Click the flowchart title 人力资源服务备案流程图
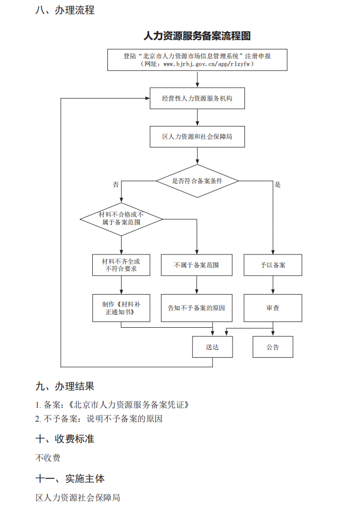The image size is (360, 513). coord(197,36)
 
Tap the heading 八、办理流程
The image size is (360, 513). coord(65,10)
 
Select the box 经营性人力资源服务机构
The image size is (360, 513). coord(197,98)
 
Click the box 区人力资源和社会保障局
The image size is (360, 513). coord(197,137)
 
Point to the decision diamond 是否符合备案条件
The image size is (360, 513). coord(197,181)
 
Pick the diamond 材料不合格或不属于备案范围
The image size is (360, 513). coord(121,218)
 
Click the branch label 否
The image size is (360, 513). coord(116,184)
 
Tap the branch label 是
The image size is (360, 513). coord(277,184)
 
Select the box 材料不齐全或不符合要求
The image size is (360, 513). coord(121,265)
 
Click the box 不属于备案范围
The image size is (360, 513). coord(197,265)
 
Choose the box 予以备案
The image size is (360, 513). coord(273,265)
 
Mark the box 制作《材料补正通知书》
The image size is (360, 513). coord(121,308)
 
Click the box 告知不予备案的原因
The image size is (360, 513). coord(197,308)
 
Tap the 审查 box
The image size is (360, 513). coord(273,308)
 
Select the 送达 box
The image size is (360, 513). coord(212,347)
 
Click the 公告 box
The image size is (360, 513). coord(273,347)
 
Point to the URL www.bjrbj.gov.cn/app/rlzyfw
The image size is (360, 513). coord(206,65)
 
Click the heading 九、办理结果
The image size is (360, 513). coord(65,386)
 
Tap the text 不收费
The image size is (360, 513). coord(48,458)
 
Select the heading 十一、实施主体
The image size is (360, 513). coord(70,478)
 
